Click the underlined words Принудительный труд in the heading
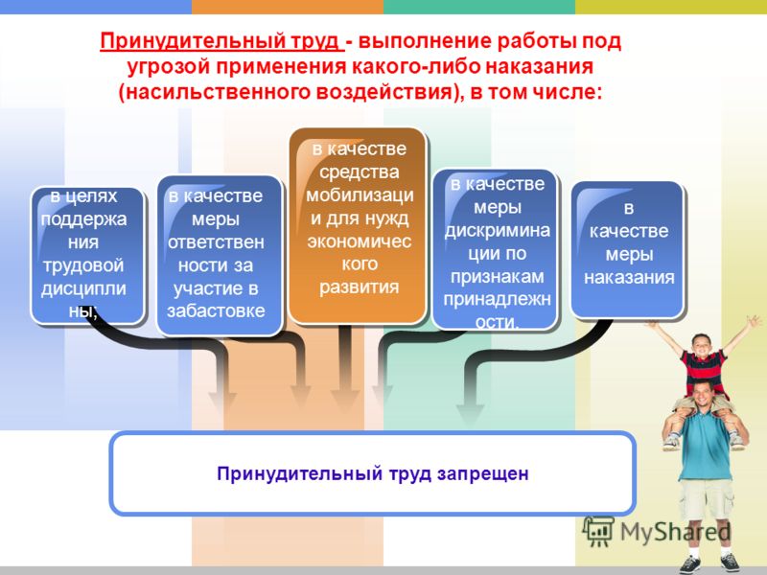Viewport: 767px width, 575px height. coord(221,41)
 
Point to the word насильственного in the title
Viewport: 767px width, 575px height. coord(219,92)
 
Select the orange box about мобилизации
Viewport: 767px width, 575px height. coord(358,225)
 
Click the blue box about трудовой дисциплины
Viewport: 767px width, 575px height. coord(87,255)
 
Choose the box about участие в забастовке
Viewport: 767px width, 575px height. coord(220,255)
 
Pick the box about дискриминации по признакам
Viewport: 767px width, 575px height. coord(495,249)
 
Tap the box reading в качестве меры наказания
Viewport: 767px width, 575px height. coord(628,250)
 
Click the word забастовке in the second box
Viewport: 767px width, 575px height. coord(216,310)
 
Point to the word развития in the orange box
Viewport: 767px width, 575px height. coord(359,287)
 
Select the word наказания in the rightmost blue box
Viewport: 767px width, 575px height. coord(629,278)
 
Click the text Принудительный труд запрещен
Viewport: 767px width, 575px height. coord(373,473)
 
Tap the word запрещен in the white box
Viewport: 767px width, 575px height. coord(483,473)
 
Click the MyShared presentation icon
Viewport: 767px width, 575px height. coord(597,531)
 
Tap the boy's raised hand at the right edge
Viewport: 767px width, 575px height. coord(753,322)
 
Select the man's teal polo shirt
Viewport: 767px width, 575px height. coord(706,445)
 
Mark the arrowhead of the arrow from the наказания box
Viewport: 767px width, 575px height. coord(470,412)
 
